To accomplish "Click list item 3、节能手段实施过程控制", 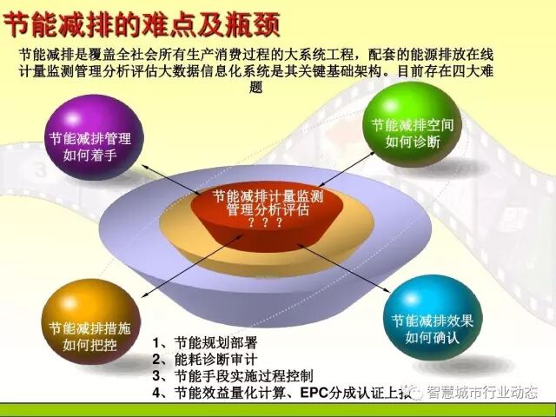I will pos(232,375).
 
